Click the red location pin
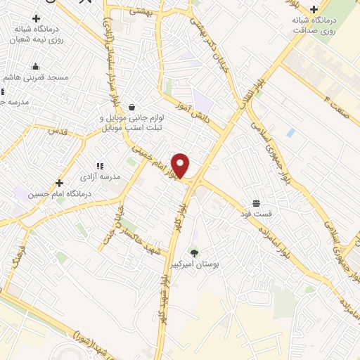(x=181, y=166)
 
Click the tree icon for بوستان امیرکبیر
(x=194, y=252)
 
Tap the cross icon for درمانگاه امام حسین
(x=60, y=183)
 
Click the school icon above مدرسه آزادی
(x=99, y=166)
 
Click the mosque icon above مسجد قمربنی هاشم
(x=35, y=67)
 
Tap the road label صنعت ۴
(x=337, y=96)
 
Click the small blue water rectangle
(x=290, y=132)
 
